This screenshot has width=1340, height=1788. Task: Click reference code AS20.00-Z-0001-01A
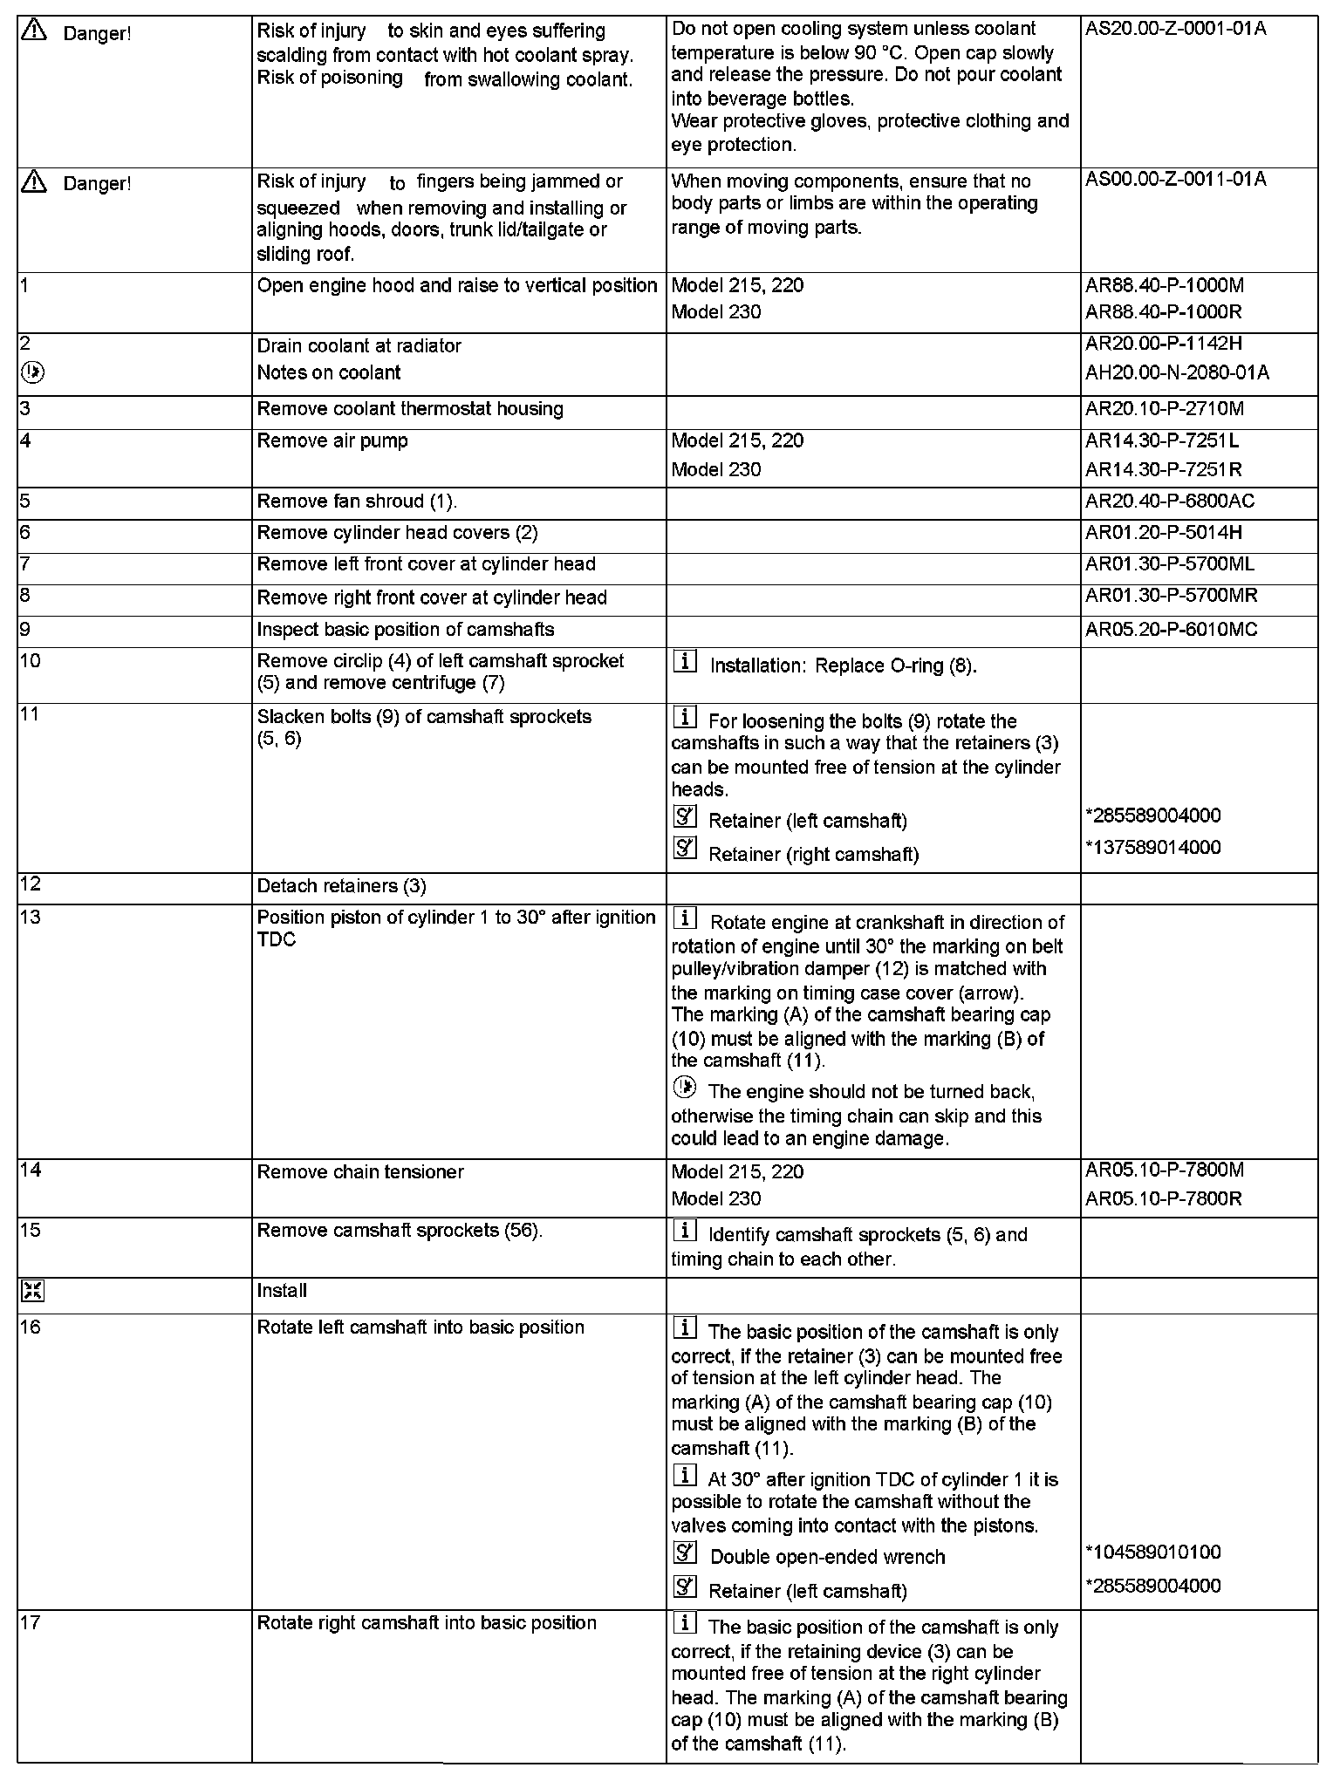1176,29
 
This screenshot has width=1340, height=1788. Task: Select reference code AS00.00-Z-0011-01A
1176,180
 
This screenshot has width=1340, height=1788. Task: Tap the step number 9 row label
25,629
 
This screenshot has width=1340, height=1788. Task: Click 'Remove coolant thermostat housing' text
410,409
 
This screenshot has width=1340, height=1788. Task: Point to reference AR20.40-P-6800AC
1170,502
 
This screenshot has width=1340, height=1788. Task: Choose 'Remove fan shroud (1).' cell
357,502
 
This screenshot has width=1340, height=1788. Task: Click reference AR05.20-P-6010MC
1171,630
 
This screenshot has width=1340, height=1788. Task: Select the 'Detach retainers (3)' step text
341,886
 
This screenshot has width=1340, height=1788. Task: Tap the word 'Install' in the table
282,1291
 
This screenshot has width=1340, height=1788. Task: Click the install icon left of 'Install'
32,1292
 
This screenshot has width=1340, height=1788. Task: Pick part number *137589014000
1153,848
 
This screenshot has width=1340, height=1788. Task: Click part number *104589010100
1153,1553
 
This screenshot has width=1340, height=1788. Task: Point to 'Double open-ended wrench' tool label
827,1557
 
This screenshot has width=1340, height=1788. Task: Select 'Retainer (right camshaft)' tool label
813,855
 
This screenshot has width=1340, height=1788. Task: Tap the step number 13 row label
30,917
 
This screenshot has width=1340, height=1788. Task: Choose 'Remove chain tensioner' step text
360,1172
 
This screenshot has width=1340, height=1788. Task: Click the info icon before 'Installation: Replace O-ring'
686,663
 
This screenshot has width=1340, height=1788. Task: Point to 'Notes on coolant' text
328,373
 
